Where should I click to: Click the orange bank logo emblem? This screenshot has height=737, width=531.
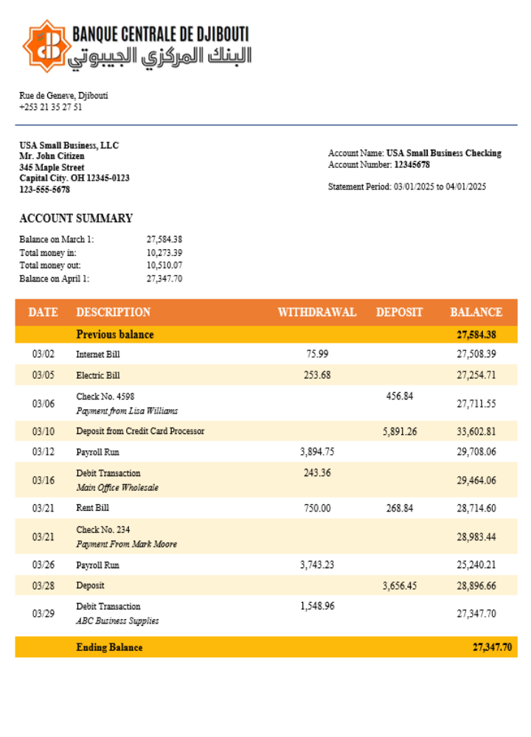pyautogui.click(x=46, y=46)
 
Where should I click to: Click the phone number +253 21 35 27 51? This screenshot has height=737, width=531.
pyautogui.click(x=51, y=107)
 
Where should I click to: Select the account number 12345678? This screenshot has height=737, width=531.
pyautogui.click(x=412, y=165)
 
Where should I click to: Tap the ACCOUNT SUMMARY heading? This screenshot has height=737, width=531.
pyautogui.click(x=76, y=218)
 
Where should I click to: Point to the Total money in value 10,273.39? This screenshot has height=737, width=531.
pyautogui.click(x=164, y=253)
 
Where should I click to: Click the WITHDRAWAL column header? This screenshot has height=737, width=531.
pyautogui.click(x=316, y=312)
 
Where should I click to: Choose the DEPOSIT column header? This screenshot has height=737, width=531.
pyautogui.click(x=399, y=312)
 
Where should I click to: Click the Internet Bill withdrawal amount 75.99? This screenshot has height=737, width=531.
pyautogui.click(x=317, y=354)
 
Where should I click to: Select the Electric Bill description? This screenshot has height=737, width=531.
pyautogui.click(x=98, y=375)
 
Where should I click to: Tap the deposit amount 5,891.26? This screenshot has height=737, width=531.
pyautogui.click(x=400, y=432)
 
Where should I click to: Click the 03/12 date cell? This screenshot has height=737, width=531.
pyautogui.click(x=44, y=452)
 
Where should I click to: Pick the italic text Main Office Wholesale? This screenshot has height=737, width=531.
pyautogui.click(x=117, y=488)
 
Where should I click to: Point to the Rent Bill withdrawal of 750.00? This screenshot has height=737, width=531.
pyautogui.click(x=317, y=509)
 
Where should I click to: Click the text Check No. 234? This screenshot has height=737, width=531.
pyautogui.click(x=103, y=530)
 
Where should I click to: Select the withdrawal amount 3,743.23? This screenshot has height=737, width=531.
pyautogui.click(x=317, y=565)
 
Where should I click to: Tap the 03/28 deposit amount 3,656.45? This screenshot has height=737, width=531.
pyautogui.click(x=400, y=586)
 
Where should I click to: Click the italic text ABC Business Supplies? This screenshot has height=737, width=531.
pyautogui.click(x=117, y=621)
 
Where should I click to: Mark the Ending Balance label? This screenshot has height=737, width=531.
pyautogui.click(x=109, y=648)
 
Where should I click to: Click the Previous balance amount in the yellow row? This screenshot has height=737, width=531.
pyautogui.click(x=476, y=335)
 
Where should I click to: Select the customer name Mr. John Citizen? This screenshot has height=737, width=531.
pyautogui.click(x=52, y=156)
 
